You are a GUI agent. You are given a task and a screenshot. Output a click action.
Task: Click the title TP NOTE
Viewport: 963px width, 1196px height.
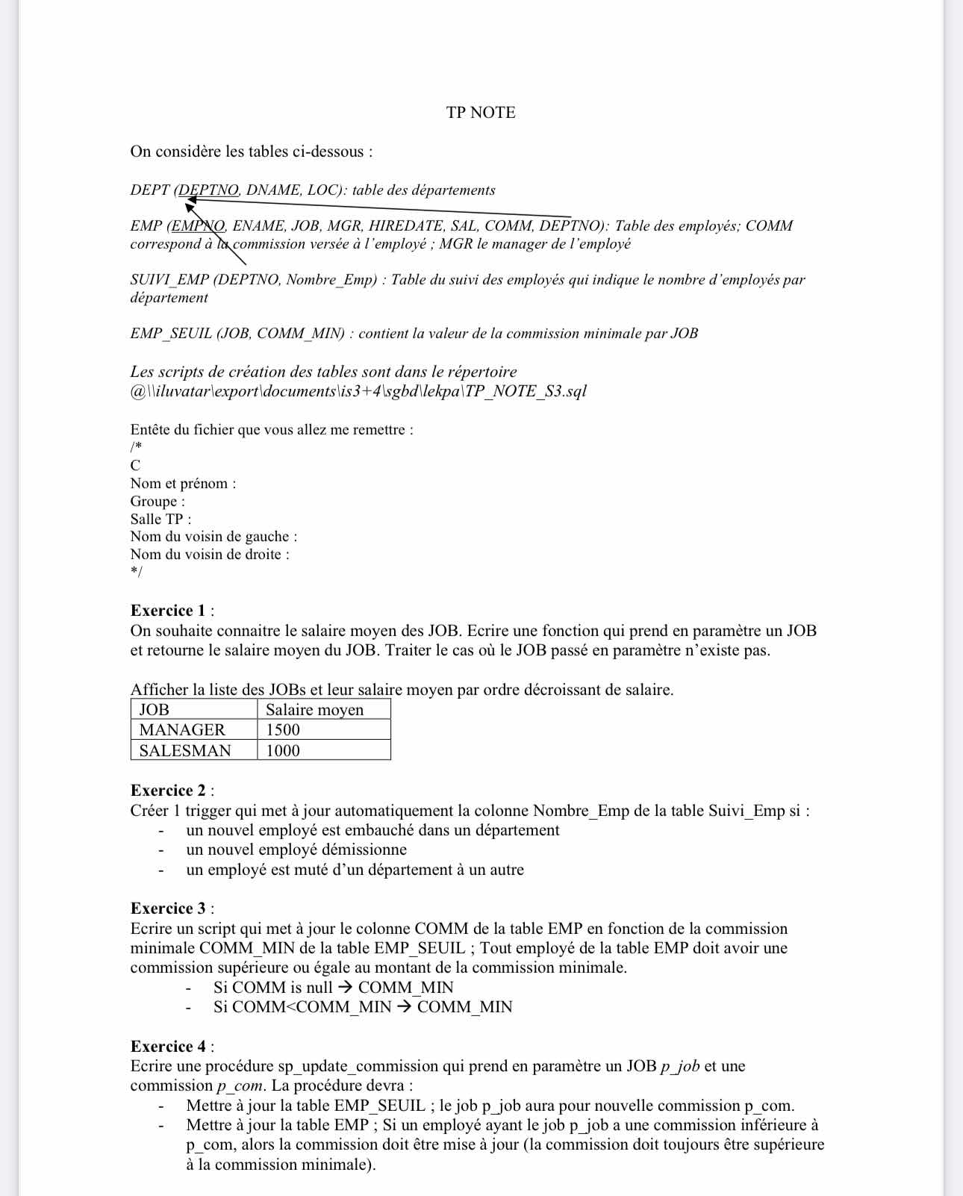[481, 113]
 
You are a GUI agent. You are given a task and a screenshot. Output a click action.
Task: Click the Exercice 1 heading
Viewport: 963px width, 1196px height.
[168, 611]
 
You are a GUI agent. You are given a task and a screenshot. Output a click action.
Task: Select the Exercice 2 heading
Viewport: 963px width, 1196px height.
[168, 791]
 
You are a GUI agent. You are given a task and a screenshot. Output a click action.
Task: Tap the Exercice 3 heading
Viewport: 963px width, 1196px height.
[168, 909]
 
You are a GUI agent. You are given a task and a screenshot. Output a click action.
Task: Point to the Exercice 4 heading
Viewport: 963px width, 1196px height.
[168, 1046]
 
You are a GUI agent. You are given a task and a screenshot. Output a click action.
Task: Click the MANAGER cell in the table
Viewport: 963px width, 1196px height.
[182, 730]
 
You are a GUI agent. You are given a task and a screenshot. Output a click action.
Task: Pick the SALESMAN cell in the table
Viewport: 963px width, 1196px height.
[185, 750]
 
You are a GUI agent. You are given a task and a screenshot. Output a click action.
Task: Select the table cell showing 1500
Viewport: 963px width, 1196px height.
[283, 730]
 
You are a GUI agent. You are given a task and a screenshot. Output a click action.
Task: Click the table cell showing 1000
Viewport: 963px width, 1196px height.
[283, 750]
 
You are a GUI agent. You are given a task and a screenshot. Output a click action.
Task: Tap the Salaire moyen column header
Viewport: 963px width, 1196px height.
[314, 710]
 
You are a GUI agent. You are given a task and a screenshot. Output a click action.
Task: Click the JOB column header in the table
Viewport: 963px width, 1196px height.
[155, 710]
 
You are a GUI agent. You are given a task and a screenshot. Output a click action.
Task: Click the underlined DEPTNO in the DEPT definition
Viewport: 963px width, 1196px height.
[209, 190]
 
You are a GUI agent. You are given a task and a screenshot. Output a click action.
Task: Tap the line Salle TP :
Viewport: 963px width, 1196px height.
[160, 519]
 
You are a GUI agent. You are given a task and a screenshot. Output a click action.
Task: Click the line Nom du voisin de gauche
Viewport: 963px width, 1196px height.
[214, 537]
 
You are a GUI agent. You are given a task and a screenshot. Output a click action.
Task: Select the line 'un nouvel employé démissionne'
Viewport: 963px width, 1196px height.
[296, 850]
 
